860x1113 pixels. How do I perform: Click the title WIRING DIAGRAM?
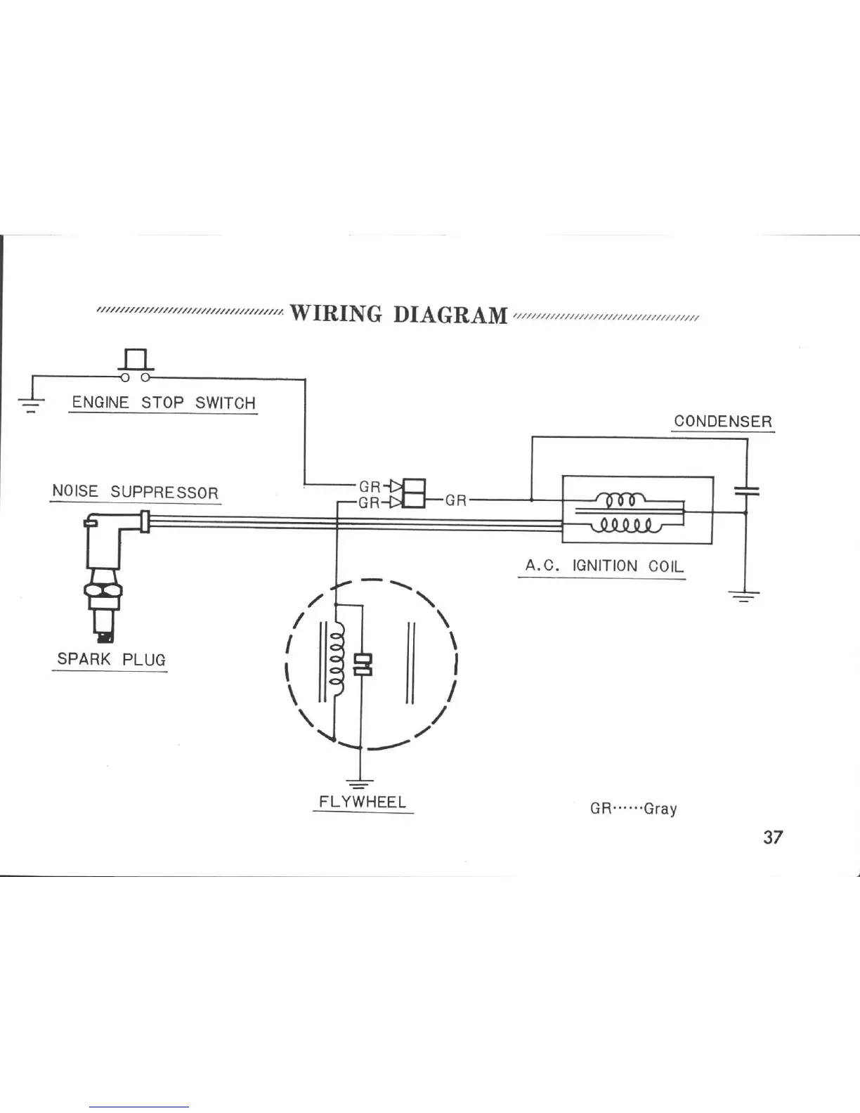click(x=398, y=314)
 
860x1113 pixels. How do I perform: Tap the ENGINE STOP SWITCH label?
click(x=164, y=403)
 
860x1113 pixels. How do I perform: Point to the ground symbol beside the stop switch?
click(x=31, y=403)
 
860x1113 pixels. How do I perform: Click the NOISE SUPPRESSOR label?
click(x=135, y=491)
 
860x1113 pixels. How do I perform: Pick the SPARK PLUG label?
click(x=111, y=659)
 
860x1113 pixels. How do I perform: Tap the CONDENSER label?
click(x=722, y=422)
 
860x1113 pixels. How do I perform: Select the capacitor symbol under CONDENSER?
click(x=746, y=490)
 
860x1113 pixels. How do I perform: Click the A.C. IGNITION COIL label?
click(x=604, y=566)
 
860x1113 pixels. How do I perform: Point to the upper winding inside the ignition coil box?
click(x=617, y=500)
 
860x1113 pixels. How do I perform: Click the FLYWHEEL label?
click(x=363, y=802)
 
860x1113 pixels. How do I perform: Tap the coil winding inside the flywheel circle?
click(x=337, y=659)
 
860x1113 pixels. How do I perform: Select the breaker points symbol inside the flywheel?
click(x=363, y=665)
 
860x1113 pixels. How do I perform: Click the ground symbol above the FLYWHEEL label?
click(x=360, y=781)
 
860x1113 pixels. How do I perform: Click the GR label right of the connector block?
click(x=456, y=500)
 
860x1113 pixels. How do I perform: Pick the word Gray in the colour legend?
click(x=660, y=808)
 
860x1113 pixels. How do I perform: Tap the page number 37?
click(x=772, y=837)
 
